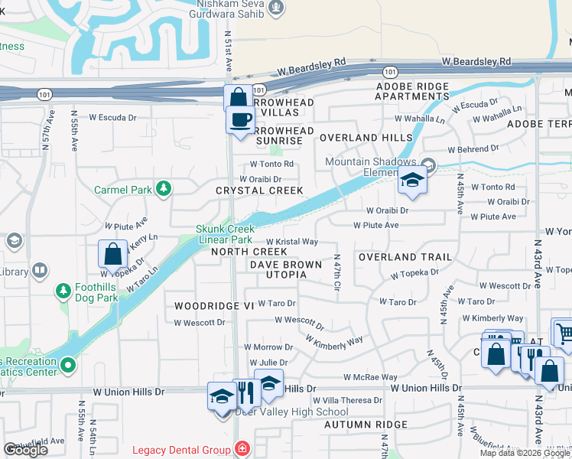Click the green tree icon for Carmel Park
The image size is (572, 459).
pos(163,188)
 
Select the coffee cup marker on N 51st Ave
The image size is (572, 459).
pos(240,121)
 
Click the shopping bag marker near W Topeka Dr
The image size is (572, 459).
pos(112,254)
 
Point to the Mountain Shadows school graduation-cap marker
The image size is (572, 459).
pos(411,181)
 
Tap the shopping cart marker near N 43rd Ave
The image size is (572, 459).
pos(564,332)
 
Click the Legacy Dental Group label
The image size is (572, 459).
pos(181,449)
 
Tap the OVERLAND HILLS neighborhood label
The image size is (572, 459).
pos(359,138)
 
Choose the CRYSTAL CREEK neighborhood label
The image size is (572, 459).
pos(259,190)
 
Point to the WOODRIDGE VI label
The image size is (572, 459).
pos(213,305)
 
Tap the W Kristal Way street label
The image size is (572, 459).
pos(291,242)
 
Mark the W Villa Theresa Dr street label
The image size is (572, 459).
pos(349,400)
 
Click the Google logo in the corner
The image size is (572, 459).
pos(25,450)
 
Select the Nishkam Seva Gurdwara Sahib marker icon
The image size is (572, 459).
pos(277,8)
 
